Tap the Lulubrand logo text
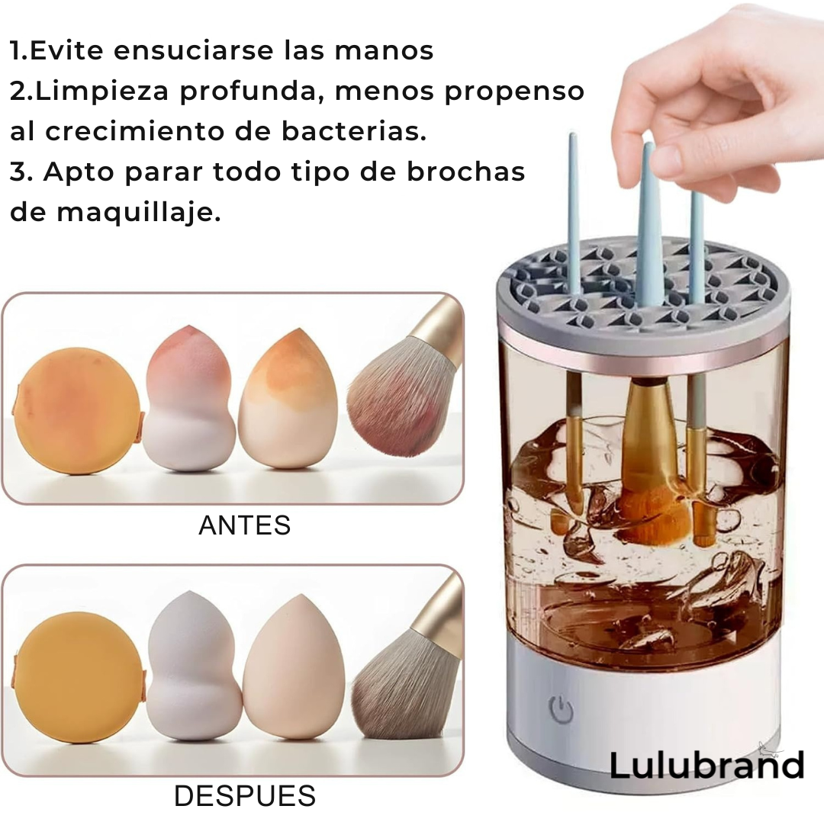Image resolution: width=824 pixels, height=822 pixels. coord(707,765)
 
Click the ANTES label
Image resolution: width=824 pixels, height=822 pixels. coord(244,525)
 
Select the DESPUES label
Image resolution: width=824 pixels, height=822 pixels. coord(245,796)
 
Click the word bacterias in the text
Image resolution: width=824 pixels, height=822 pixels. coord(354,131)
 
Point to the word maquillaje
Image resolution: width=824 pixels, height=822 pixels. coord(139,213)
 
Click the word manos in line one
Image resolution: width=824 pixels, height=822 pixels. coord(384,51)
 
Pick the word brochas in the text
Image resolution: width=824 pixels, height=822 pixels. coord(466,172)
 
